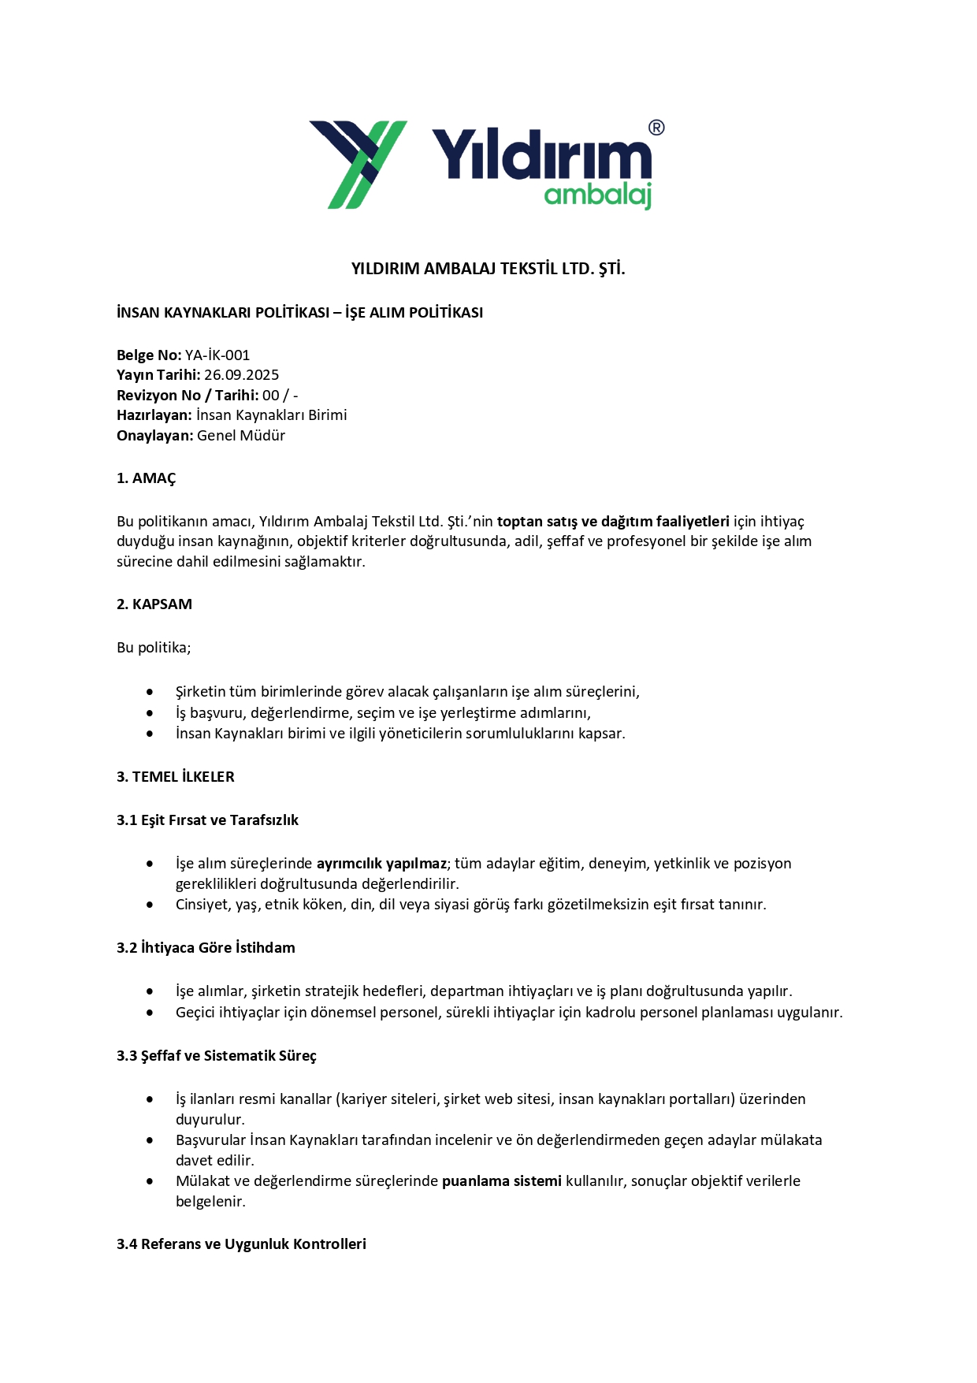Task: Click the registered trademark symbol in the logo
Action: tap(656, 128)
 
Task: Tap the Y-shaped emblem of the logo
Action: tap(358, 164)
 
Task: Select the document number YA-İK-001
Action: tap(217, 355)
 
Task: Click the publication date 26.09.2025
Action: tap(241, 375)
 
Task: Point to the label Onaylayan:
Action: tap(154, 436)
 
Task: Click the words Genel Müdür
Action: tap(241, 436)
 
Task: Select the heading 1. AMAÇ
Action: tap(147, 478)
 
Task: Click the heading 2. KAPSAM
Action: tap(154, 604)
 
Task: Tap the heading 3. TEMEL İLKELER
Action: tap(176, 777)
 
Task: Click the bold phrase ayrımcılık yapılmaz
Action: tap(381, 864)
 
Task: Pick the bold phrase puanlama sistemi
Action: tap(502, 1181)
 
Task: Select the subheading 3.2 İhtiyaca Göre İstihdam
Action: tap(206, 948)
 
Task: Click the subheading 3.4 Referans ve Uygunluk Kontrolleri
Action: tap(241, 1244)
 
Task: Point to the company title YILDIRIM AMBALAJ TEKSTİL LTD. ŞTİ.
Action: tap(488, 269)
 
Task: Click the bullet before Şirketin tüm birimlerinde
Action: tap(150, 692)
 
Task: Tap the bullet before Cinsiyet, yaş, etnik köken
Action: tap(150, 905)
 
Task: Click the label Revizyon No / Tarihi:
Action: tap(188, 396)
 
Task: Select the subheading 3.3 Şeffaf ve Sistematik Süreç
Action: tap(217, 1056)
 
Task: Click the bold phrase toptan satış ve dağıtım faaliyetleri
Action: tap(613, 522)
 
